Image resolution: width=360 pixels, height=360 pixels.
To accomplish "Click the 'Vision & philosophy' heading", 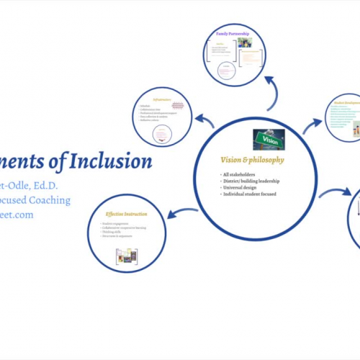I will (252, 160).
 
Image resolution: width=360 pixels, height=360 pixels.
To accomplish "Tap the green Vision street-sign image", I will (269, 139).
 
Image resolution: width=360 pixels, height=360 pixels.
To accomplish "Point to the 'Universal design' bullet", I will (242, 188).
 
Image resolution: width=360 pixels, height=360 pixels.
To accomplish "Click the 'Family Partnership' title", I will (230, 33).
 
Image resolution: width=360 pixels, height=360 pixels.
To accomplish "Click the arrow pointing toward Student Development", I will (312, 126).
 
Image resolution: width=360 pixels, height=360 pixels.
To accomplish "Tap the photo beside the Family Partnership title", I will (244, 42).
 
